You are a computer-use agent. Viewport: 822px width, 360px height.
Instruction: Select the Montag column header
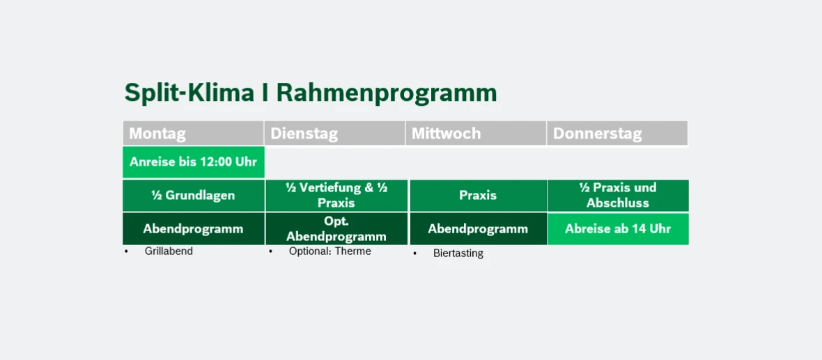193,134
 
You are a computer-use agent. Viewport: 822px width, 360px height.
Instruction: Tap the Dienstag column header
334,134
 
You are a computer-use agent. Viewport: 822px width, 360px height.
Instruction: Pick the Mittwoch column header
476,134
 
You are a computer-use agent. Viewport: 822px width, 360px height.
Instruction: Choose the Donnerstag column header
617,134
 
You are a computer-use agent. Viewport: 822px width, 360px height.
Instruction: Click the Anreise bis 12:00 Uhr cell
194,162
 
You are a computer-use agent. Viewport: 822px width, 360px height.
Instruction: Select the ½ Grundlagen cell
194,196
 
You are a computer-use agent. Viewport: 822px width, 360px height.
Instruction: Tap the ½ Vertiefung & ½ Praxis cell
336,196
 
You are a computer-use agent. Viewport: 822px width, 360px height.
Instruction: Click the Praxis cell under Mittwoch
478,196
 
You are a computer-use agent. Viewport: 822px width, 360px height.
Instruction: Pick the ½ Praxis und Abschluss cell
618,196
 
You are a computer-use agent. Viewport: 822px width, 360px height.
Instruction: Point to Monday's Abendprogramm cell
194,229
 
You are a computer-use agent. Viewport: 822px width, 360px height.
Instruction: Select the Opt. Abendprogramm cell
336,229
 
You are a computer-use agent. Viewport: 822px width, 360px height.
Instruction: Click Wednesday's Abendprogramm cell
478,229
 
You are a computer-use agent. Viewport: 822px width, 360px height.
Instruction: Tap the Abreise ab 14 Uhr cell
618,229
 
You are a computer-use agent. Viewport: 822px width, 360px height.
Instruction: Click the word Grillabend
169,251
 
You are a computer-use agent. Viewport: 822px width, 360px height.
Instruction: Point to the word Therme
353,251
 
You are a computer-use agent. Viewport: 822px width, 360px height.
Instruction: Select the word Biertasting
458,253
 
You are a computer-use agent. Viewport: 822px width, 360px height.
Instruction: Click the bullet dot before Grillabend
126,251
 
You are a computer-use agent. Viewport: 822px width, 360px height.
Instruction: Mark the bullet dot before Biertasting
414,253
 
